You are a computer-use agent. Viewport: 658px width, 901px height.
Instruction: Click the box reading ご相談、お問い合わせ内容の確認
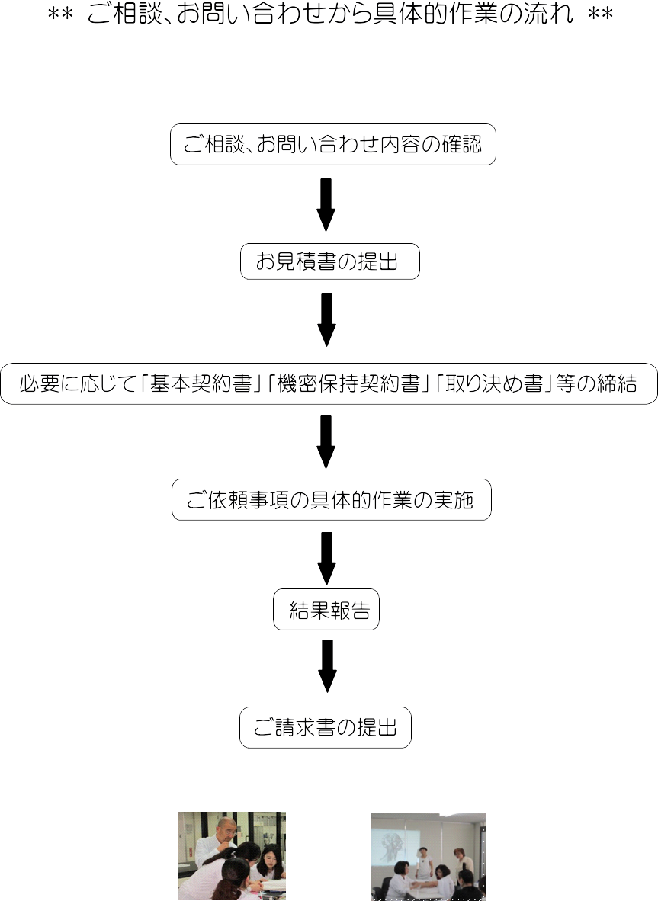point(332,144)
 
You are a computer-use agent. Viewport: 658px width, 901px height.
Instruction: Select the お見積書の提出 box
point(330,261)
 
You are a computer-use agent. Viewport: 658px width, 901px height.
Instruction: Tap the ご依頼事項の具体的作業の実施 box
point(332,499)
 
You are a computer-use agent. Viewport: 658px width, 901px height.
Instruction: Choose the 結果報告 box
point(326,609)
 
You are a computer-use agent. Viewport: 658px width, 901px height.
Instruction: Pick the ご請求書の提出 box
point(326,727)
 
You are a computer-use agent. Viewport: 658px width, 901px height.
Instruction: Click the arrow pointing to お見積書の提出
point(326,204)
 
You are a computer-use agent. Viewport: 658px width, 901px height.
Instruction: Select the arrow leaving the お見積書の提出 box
point(326,319)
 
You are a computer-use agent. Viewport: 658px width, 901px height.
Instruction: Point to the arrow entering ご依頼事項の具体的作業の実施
point(326,441)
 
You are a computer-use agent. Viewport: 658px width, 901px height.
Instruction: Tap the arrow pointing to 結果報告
point(326,558)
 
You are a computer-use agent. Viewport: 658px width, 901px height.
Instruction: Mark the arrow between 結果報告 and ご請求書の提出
point(327,666)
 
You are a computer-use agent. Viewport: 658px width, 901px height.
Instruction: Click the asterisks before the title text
point(60,14)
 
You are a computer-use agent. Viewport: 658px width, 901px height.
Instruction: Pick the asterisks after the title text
point(601,14)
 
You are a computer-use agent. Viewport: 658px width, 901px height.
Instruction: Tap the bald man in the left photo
point(217,840)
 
